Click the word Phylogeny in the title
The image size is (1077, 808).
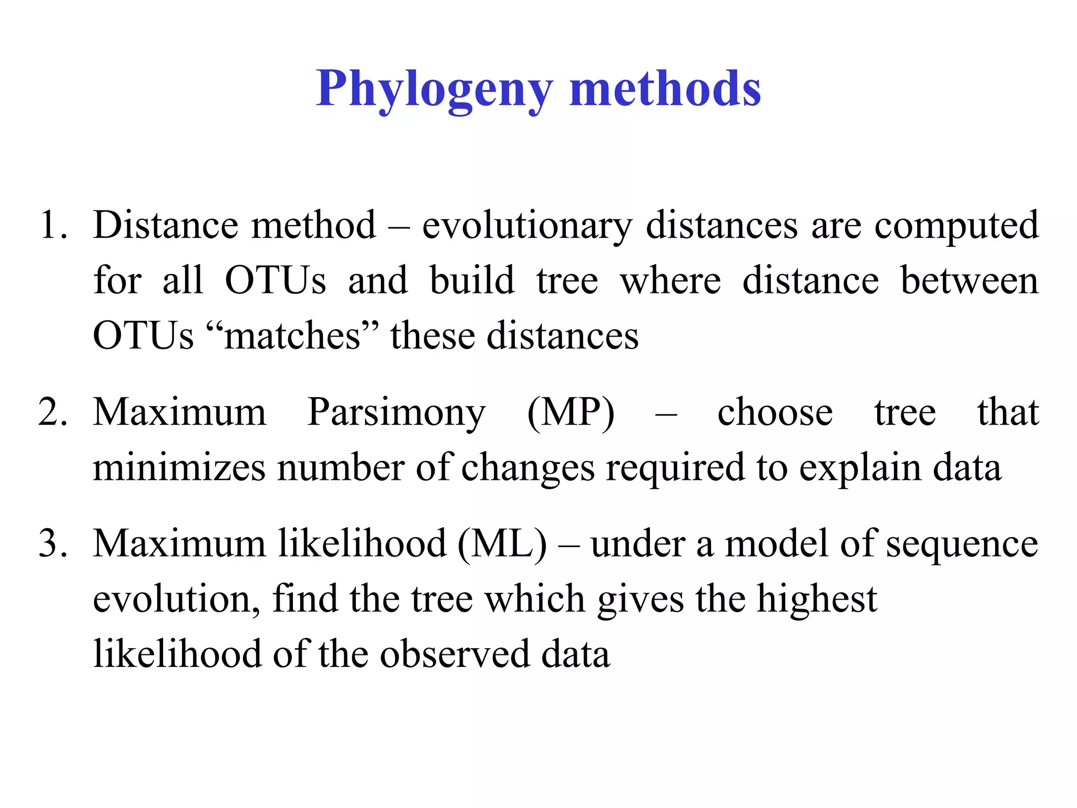tap(434, 89)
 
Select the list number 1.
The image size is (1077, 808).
tap(53, 225)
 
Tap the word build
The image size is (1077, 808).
tap(472, 280)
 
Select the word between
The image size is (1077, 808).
tap(969, 280)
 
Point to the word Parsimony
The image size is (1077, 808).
tap(397, 412)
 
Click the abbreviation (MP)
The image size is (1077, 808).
tap(571, 412)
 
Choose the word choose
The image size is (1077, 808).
tap(775, 412)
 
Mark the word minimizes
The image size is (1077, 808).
tap(179, 467)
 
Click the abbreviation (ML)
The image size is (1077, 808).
tap(502, 544)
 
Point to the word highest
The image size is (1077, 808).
tap(817, 600)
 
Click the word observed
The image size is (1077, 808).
tap(455, 654)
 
